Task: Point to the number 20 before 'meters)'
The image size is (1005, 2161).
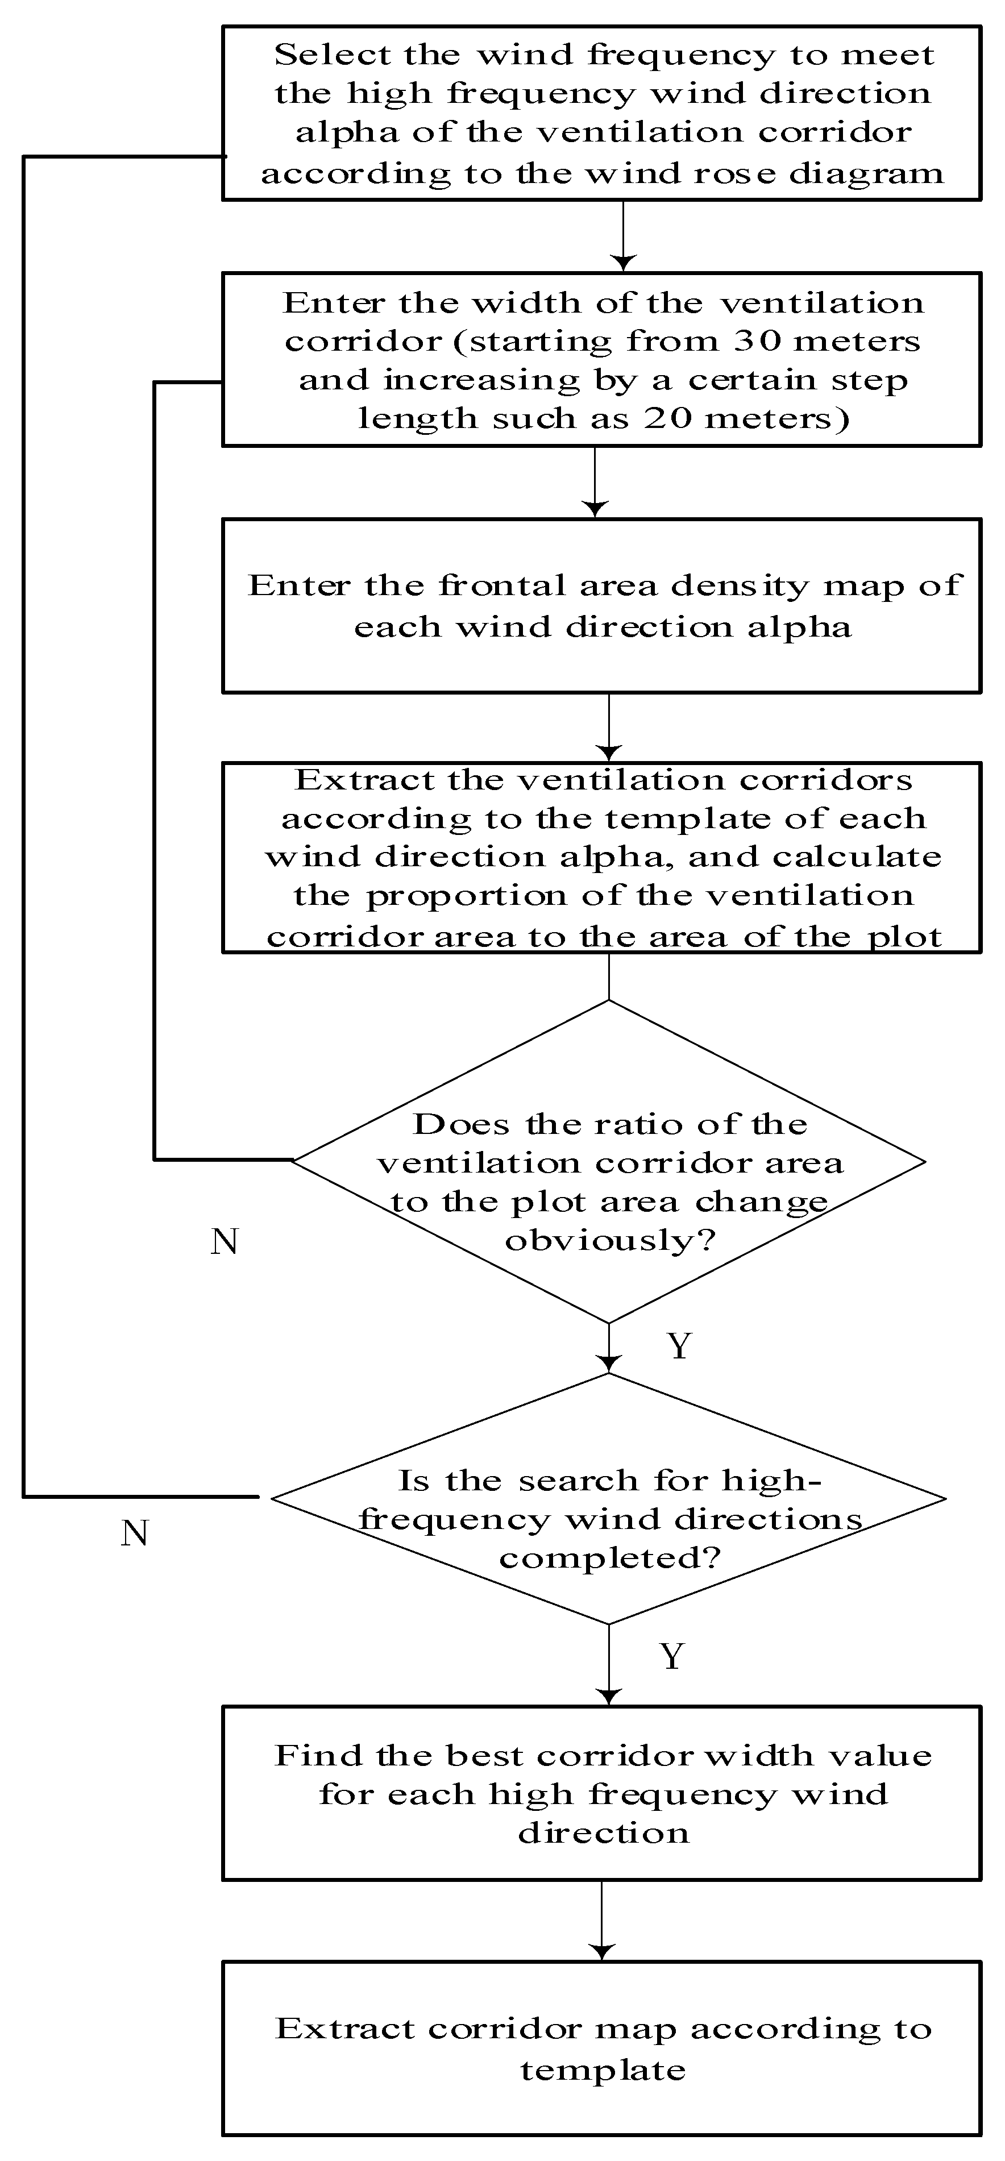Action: pos(668,418)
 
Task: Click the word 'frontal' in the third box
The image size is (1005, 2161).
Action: pos(502,585)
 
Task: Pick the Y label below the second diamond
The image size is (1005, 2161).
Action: pos(672,1657)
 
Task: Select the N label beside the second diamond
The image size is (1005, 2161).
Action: pos(134,1534)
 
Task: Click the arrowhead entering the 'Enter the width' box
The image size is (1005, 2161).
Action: pos(624,263)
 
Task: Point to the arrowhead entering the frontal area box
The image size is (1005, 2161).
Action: pos(595,509)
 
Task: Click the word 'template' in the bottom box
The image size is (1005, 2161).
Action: pos(603,2071)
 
